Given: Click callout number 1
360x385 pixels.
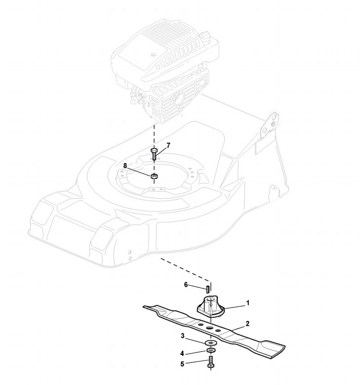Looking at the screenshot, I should click(x=248, y=302).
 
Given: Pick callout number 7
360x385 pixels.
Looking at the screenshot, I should click(x=168, y=145).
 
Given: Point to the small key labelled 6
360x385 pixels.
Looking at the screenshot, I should click(x=209, y=286).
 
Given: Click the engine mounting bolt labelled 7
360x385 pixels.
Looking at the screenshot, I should click(x=155, y=153).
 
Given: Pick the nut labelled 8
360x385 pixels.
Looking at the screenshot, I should click(x=154, y=176).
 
